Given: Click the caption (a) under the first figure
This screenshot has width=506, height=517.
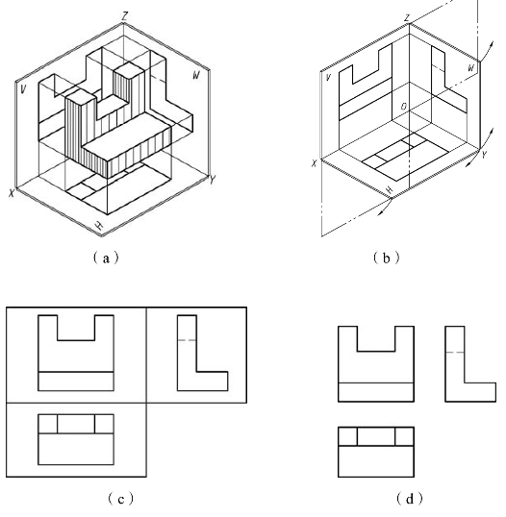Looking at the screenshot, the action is point(106,258).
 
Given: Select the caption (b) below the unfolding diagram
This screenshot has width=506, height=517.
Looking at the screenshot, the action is point(386,258).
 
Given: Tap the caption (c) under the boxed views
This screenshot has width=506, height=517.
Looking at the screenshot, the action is point(121,499).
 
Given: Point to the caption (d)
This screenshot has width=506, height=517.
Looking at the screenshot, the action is point(409,499).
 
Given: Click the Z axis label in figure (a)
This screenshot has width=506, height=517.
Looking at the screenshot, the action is point(124,16).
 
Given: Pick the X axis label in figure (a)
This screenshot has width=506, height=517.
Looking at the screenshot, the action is point(12,193).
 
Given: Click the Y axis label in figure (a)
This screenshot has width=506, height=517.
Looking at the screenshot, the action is point(213,180).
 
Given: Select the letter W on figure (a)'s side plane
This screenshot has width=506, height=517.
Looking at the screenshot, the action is point(196,76).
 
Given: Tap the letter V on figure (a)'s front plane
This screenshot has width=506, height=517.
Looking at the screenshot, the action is point(23,89).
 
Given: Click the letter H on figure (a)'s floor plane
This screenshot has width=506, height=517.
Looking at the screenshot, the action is point(99,225).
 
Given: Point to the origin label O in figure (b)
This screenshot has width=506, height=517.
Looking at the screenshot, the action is point(404,107).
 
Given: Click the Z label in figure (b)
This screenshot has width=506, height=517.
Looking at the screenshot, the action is point(408,18).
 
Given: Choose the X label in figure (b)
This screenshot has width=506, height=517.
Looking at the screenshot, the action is point(315,162).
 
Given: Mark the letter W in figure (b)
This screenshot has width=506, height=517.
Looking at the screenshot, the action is point(471,68).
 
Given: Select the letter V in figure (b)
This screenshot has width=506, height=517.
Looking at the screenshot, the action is point(328,78).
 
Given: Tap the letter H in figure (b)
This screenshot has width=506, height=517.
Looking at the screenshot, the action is point(390,189).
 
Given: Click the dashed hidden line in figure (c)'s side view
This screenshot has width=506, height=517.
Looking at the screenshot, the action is point(187,340).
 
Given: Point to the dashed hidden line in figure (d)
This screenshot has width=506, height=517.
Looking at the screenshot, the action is point(455,353).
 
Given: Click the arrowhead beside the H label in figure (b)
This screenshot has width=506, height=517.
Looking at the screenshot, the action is point(380,213).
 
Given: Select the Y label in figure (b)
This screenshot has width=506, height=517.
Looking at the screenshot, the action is point(484,155).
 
